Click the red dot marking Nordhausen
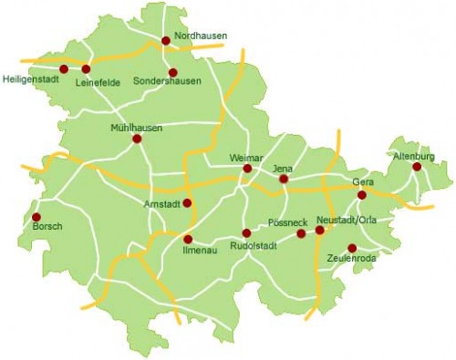coord(165,40)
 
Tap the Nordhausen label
coord(200,36)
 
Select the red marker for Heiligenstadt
coord(64,69)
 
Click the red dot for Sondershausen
coord(171,72)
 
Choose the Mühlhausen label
coord(136,128)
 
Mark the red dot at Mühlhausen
coord(137,139)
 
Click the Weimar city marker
coord(246,168)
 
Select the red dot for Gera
coord(361,194)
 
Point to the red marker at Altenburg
coord(417,167)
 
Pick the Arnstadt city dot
coord(187,203)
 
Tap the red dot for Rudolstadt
coord(246,233)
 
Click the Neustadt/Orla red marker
coord(319,231)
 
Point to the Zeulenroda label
coord(351,259)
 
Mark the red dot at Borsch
coord(36,217)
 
